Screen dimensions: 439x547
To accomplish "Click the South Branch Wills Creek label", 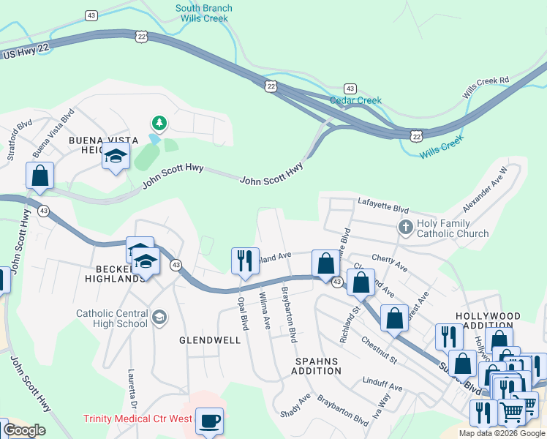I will click(204, 14).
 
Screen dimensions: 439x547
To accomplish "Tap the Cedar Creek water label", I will click(355, 100).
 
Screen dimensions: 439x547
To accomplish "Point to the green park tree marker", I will click(159, 123).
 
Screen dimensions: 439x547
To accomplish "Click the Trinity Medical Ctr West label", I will click(137, 419).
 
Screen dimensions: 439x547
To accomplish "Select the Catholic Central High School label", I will click(112, 318).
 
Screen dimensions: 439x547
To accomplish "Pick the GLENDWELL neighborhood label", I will click(210, 340).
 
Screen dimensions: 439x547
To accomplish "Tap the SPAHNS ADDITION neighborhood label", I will click(317, 367).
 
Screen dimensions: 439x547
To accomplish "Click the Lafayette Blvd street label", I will click(382, 204).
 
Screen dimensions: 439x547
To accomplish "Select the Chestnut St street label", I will click(377, 349).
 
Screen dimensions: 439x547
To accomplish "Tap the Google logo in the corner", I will click(23, 430).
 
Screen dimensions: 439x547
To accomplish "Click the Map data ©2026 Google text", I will click(502, 433).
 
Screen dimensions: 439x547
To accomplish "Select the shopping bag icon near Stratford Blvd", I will click(39, 176).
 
